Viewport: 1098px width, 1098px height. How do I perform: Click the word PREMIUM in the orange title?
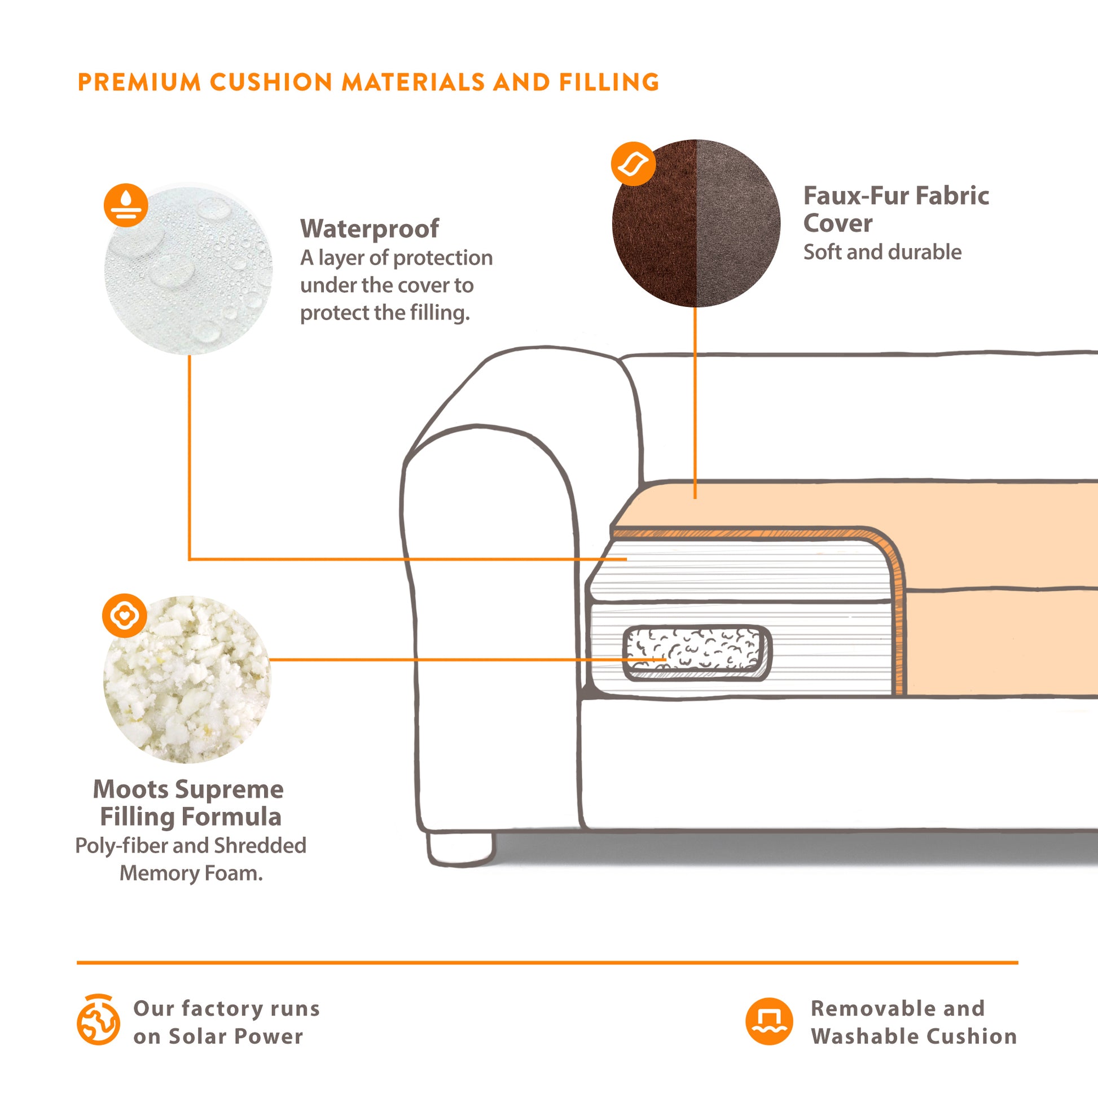pos(139,82)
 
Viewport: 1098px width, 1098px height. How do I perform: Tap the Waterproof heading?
pos(370,229)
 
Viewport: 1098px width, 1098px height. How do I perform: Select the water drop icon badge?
pos(126,205)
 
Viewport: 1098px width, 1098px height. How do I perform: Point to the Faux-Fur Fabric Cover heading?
pos(895,209)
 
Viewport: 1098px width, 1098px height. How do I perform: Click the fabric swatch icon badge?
pos(633,164)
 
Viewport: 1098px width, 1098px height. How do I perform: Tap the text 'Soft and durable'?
pos(882,252)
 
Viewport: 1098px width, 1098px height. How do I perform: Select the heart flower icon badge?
pos(125,616)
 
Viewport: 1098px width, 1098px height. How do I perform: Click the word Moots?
pos(131,789)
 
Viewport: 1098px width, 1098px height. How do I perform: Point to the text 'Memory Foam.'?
pos(191,873)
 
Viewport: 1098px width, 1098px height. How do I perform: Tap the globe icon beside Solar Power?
pos(98,1020)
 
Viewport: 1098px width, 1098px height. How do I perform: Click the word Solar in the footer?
pos(196,1036)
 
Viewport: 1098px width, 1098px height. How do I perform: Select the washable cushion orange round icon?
pos(769,1021)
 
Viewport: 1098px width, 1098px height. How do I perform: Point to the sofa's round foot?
pos(460,849)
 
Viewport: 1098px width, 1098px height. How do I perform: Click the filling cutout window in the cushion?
pos(697,652)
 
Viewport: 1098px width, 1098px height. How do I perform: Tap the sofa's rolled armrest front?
pos(489,625)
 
